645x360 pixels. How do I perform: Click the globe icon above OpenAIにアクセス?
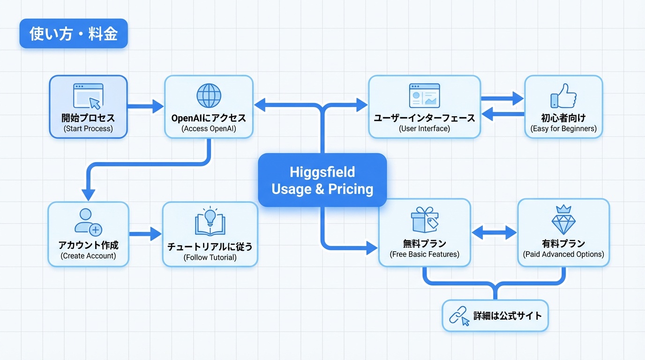(209, 96)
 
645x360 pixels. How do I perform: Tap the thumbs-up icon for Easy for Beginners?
(563, 96)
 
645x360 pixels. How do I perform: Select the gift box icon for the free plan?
(425, 219)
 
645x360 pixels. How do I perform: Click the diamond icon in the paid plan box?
(563, 219)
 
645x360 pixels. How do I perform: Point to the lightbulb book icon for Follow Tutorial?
(210, 221)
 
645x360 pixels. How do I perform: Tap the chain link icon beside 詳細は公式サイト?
(459, 316)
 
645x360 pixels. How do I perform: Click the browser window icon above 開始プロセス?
(88, 96)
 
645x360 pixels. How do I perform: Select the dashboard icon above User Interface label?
(424, 96)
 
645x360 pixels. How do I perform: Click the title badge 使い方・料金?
(74, 33)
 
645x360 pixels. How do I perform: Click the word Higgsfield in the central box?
(322, 172)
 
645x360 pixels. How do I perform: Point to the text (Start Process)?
(88, 128)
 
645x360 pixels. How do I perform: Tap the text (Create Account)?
(88, 256)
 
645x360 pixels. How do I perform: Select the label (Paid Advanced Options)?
(563, 255)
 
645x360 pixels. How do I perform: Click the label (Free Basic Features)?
(424, 255)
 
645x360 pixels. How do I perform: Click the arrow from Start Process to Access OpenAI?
(145, 106)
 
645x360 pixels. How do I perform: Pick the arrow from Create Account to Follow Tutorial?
(145, 234)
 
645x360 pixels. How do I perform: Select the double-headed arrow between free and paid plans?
(494, 232)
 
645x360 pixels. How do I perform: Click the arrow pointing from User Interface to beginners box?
(502, 99)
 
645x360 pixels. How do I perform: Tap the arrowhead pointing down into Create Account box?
(89, 195)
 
